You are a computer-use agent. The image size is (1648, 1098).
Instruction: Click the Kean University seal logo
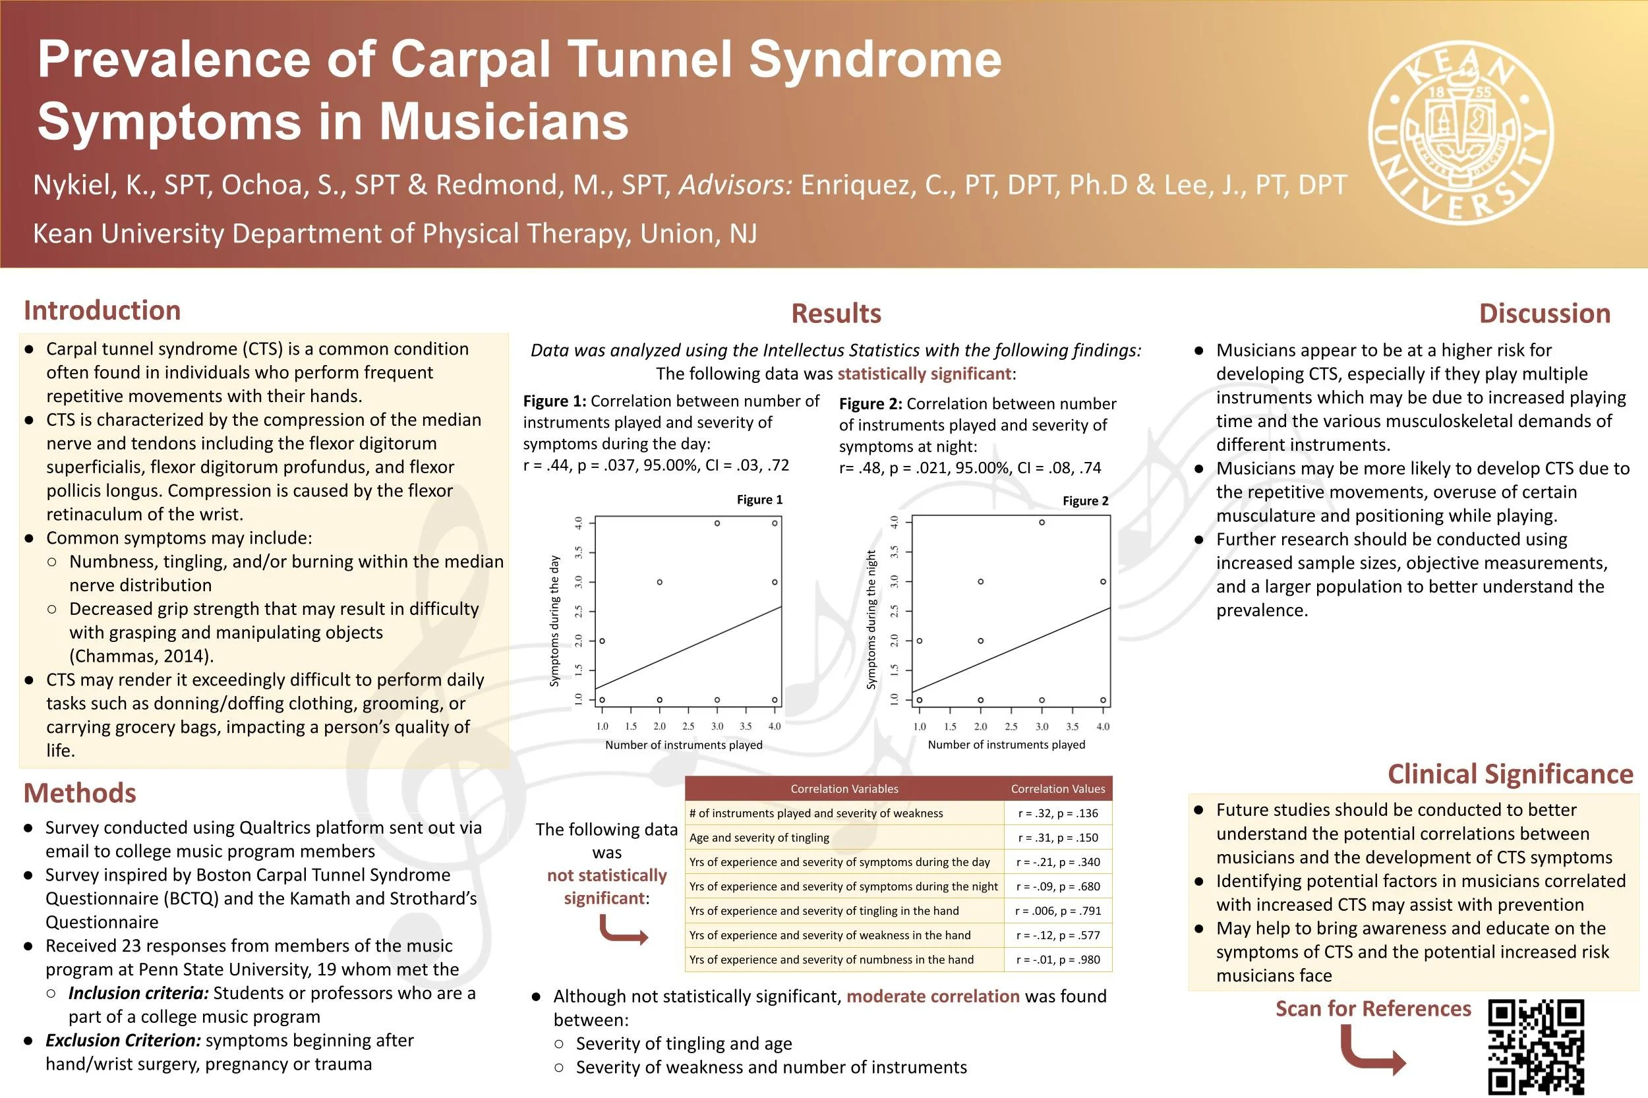[x=1461, y=133]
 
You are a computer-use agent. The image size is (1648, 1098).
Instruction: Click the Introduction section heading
[x=102, y=310]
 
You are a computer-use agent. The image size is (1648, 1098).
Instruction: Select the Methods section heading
[x=80, y=793]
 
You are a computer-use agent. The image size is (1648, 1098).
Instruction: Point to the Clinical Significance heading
[x=1510, y=774]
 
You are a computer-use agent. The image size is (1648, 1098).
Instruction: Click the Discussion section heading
[x=1545, y=313]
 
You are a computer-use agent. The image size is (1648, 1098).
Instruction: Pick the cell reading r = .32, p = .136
[x=1057, y=813]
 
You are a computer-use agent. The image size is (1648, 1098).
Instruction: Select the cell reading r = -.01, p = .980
[x=1057, y=960]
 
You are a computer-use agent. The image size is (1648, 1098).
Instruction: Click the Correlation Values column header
[x=1057, y=788]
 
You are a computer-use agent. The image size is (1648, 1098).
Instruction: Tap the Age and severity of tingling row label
[x=759, y=838]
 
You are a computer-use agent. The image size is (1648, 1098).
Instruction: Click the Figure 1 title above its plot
[x=759, y=500]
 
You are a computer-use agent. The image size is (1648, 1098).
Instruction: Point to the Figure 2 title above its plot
[x=1085, y=502]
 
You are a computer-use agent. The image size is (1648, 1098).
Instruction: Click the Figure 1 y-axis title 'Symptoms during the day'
[x=554, y=621]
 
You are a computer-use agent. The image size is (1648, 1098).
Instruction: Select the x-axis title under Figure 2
[x=1006, y=744]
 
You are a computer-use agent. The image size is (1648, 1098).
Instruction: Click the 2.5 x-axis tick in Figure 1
[x=688, y=726]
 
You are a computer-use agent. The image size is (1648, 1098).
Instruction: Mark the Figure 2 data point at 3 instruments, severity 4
[x=1042, y=523]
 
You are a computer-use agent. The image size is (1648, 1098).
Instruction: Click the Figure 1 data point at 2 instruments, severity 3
[x=660, y=582]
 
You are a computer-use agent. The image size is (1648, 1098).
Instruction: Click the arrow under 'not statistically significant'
[x=623, y=931]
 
